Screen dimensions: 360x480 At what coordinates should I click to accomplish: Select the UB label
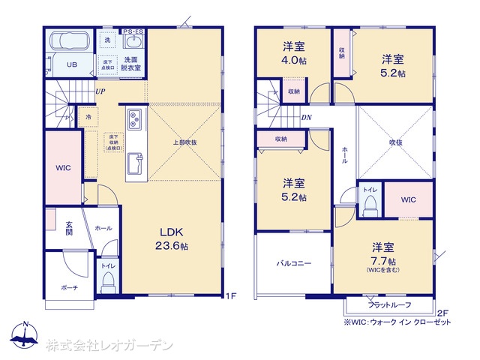pos(72,64)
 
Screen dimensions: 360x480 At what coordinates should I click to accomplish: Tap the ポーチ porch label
pos(69,287)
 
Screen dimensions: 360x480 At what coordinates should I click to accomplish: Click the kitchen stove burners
pos(135,120)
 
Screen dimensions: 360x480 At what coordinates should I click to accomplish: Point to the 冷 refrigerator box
pos(89,117)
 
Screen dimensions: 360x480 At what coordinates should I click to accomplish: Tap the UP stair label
pos(100,91)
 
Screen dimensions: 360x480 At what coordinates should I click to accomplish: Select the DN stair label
pos(306,117)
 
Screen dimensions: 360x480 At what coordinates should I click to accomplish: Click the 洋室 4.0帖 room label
pos(293,52)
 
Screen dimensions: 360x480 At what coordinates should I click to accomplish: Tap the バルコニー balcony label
pos(293,263)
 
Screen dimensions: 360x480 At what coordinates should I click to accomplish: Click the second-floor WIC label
pos(408,199)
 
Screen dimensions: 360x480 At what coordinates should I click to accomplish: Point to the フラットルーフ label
pos(389,304)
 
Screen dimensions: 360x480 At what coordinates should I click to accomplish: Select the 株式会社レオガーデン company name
pos(109,346)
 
